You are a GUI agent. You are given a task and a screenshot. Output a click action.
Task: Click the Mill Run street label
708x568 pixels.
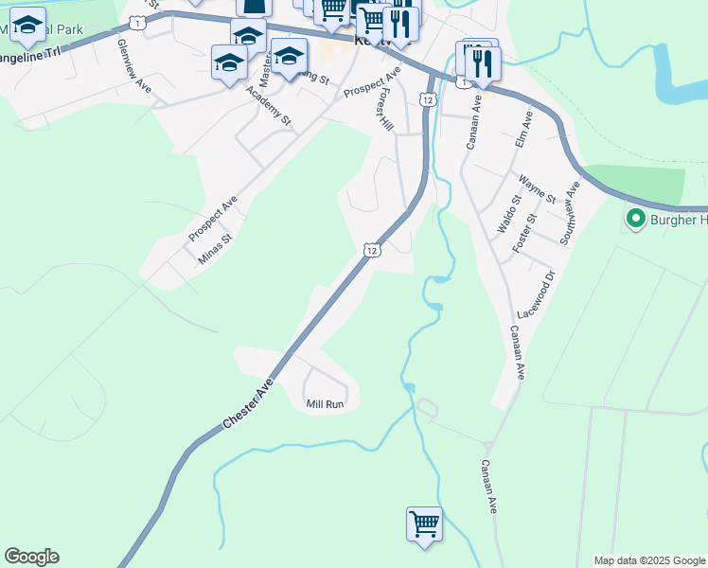(x=325, y=404)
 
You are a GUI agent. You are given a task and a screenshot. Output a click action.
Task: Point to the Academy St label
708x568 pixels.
(x=268, y=108)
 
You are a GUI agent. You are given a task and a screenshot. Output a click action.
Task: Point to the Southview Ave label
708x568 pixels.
(x=568, y=214)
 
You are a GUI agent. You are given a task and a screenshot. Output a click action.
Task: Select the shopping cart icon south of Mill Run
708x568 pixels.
(x=424, y=524)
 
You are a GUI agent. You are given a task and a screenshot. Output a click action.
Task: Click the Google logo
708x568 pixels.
(x=31, y=557)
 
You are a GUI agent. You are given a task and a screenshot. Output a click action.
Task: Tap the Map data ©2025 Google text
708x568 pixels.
(x=648, y=560)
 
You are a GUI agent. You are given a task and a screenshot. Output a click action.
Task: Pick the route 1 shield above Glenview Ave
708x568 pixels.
(x=139, y=22)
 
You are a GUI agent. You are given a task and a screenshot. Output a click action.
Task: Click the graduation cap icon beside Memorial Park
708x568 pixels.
(x=29, y=27)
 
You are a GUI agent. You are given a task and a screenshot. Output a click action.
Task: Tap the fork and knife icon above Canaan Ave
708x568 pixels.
(x=484, y=63)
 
